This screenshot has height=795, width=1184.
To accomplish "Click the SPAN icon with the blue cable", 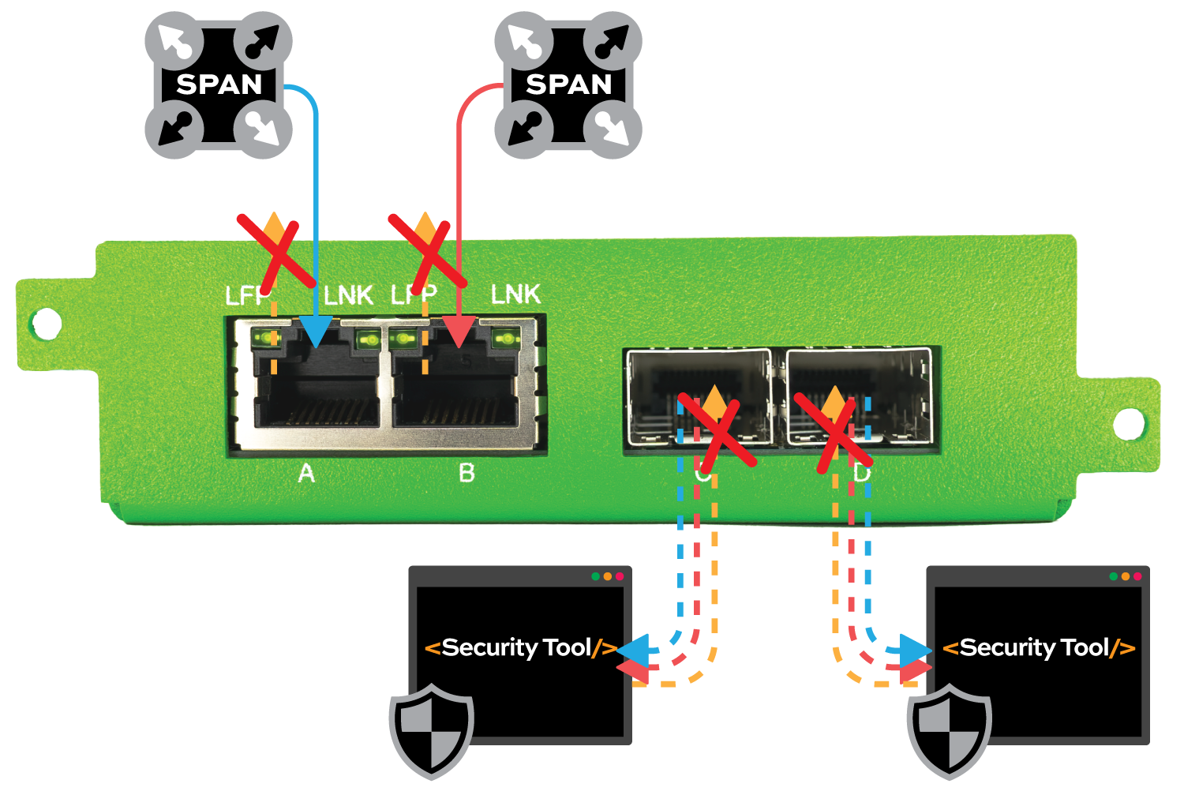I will [219, 84].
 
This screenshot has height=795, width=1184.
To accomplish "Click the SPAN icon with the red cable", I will [568, 84].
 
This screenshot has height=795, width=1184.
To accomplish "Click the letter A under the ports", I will [306, 474].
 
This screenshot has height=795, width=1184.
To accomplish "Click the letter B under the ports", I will [466, 474].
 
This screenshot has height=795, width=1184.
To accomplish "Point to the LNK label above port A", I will [348, 295].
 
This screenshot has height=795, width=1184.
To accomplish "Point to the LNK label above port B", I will [515, 294].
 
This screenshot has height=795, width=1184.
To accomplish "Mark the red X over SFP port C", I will [717, 433].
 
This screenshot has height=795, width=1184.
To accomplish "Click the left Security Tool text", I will [521, 648].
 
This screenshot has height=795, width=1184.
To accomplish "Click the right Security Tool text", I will [1039, 648].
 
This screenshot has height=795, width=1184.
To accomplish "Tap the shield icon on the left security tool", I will [431, 730].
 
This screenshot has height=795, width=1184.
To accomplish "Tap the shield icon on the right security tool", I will [949, 730].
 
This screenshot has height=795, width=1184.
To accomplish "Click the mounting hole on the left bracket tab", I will [46, 323].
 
